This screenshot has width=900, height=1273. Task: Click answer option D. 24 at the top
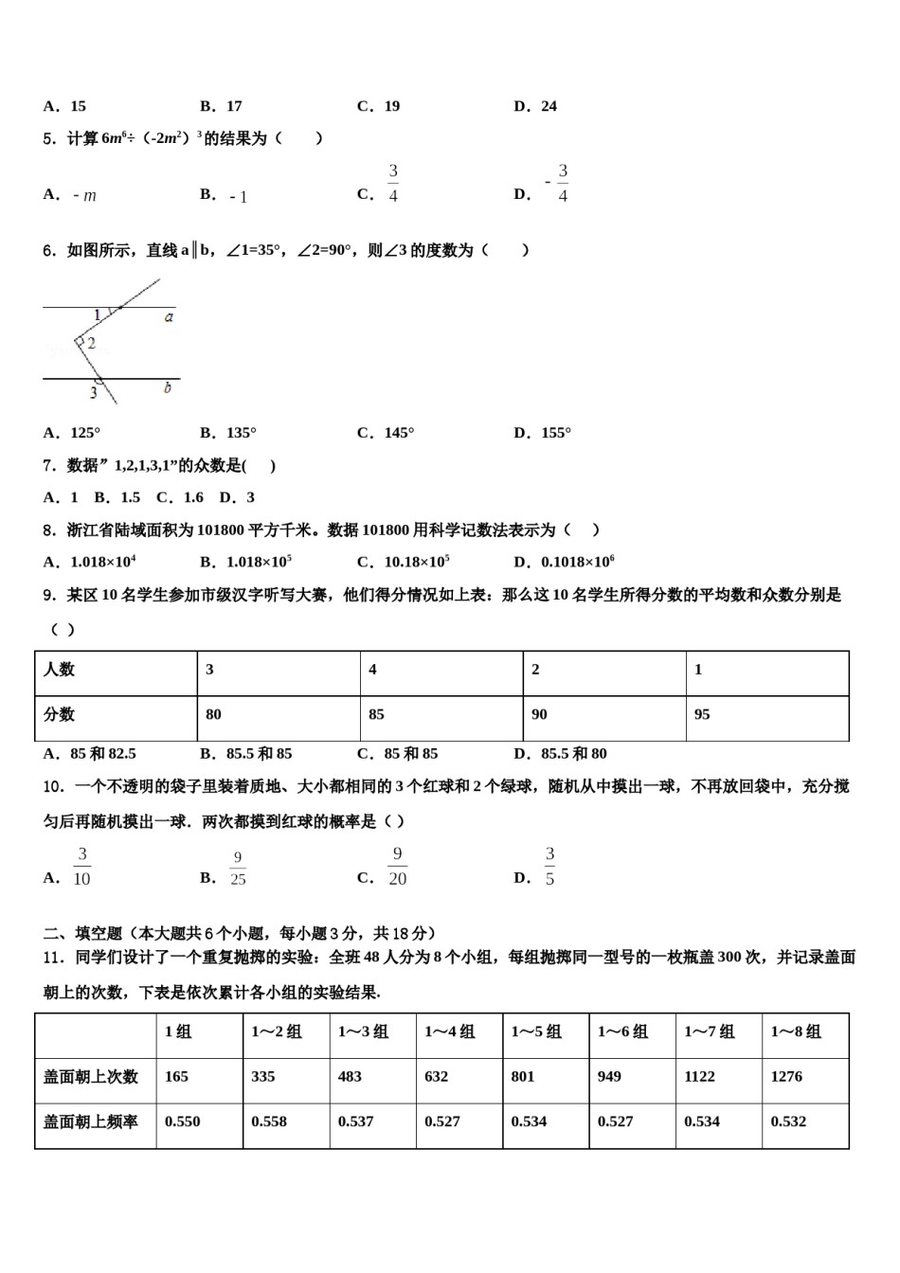535,106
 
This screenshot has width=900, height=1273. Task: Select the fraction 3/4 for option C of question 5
393,184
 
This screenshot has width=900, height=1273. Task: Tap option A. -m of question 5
71,195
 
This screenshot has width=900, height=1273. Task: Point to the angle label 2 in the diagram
92,343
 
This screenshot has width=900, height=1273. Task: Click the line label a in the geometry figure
169,317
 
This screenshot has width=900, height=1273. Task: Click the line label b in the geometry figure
168,387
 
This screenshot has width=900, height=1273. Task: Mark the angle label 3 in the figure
93,392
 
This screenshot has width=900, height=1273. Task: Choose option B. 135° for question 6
228,433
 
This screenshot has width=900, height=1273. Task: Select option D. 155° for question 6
543,433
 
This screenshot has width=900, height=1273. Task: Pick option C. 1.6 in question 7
180,497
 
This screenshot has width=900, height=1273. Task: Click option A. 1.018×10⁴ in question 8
90,562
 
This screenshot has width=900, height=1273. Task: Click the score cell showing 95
702,715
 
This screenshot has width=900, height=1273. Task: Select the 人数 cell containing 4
373,670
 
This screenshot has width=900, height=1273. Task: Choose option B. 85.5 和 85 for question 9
246,754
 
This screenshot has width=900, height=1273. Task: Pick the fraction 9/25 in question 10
238,869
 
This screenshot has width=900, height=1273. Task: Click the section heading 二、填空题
84,933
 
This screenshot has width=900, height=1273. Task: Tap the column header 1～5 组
536,1032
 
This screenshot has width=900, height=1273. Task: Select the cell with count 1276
786,1077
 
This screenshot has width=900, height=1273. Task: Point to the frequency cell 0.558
269,1121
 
